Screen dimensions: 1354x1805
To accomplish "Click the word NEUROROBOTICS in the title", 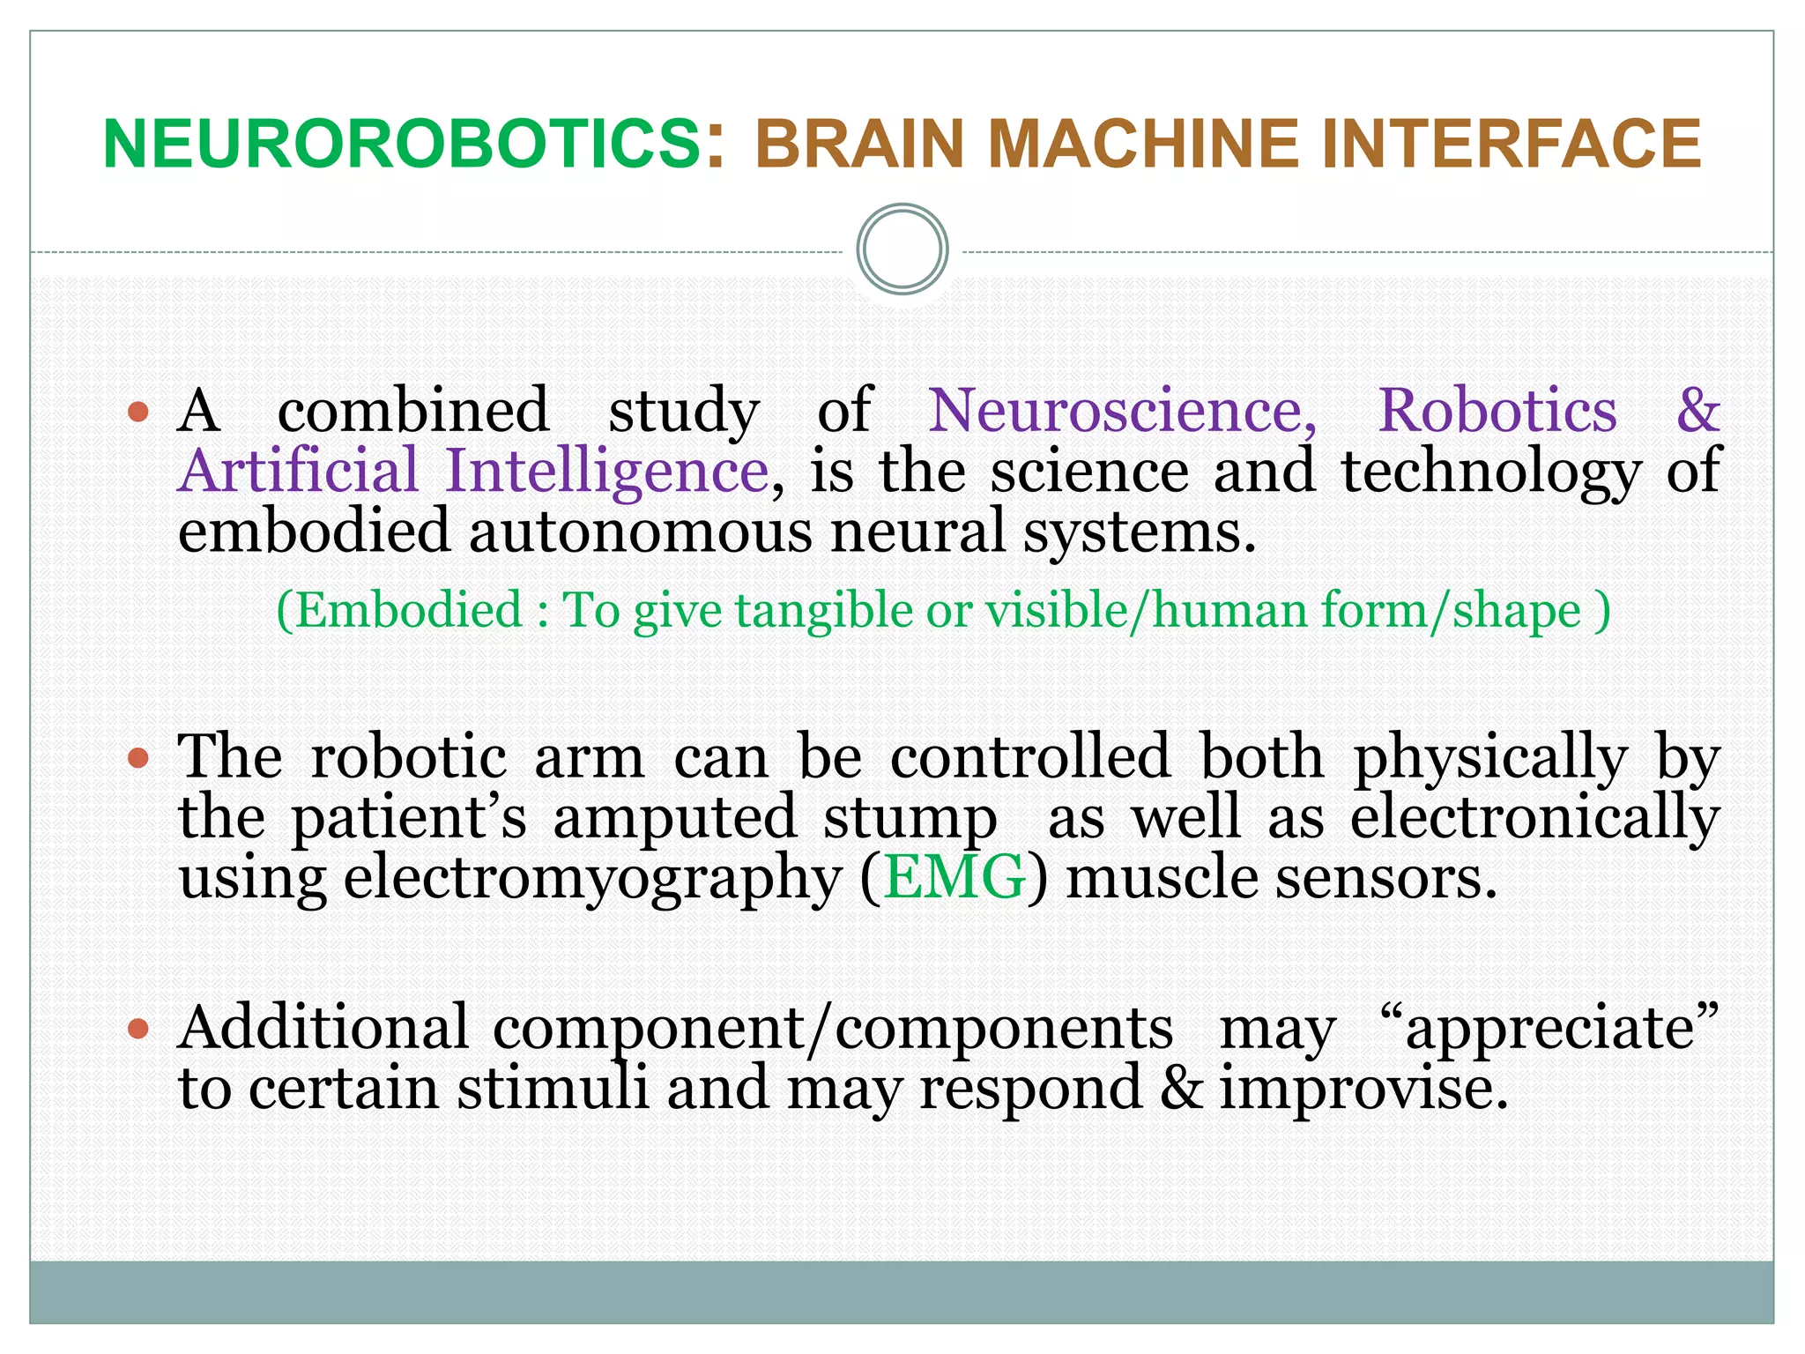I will pos(402,144).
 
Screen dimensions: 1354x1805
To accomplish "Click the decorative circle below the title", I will pos(902,249).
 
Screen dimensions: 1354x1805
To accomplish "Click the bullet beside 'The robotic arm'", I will pos(138,757).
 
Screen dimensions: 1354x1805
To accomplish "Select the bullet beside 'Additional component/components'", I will pos(138,1028).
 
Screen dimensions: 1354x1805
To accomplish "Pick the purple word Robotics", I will pos(1497,411).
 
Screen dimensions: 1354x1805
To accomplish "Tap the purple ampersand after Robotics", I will pos(1697,411).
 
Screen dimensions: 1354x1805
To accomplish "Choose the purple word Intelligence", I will pos(607,472).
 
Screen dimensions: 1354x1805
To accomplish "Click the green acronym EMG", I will pos(954,877).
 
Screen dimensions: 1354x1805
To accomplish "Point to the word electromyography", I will pos(592,879).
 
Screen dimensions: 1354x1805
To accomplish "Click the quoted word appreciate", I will pos(1549,1029).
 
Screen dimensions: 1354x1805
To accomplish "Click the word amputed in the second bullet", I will pos(674,818).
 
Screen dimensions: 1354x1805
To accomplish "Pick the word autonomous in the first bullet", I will pos(640,532).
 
